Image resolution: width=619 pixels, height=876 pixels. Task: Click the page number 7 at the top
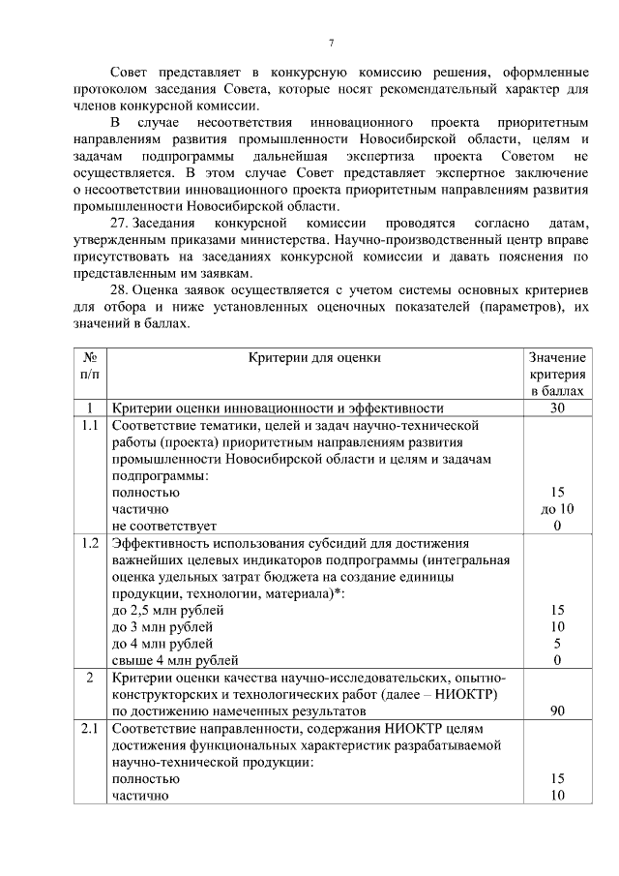click(331, 44)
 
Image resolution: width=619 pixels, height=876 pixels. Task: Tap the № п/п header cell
click(89, 365)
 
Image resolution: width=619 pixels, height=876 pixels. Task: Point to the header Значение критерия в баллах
click(557, 374)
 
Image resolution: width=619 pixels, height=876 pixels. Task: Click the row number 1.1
click(89, 425)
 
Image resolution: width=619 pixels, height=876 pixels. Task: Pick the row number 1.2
click(89, 542)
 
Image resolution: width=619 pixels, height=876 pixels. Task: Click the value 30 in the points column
click(557, 408)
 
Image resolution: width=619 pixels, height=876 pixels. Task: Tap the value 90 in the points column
click(557, 710)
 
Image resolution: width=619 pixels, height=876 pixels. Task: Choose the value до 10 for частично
click(557, 508)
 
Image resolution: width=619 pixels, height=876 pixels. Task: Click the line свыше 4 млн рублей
click(174, 660)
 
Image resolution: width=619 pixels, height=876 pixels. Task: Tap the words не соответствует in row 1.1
click(163, 526)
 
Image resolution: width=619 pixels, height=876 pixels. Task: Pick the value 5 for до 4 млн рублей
click(557, 644)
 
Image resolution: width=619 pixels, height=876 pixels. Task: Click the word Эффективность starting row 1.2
click(161, 542)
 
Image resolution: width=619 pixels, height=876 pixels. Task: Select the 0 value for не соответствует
click(557, 526)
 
